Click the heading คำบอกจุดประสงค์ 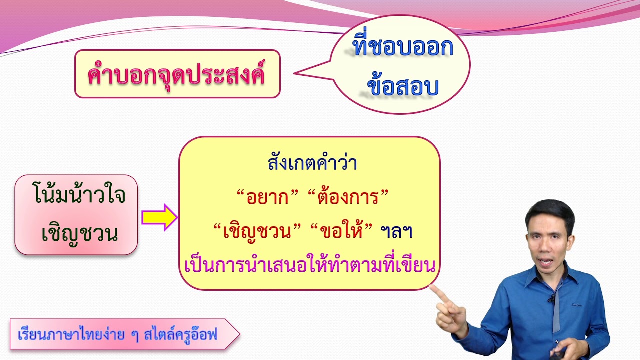(177, 75)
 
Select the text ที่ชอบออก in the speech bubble (402, 47)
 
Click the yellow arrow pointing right (159, 217)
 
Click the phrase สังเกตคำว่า (312, 163)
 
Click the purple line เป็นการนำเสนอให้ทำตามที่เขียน (310, 265)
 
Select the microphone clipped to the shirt (551, 299)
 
